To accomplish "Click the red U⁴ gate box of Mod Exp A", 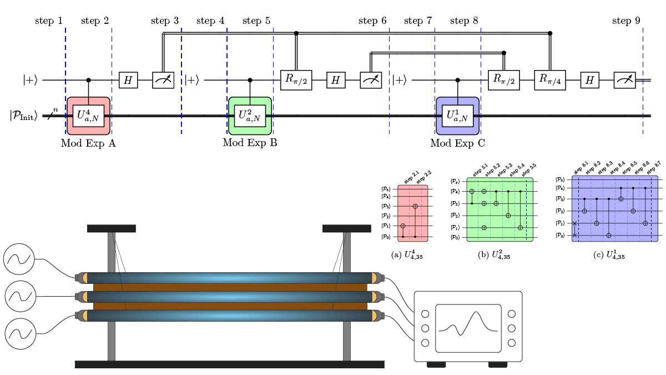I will click(x=89, y=116).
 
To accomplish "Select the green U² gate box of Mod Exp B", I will click(x=250, y=116).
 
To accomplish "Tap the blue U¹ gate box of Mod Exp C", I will click(x=457, y=116).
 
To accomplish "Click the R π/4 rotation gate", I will click(x=549, y=80).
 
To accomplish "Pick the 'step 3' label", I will click(x=165, y=21).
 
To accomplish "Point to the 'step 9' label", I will click(x=626, y=21).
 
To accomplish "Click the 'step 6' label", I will click(x=372, y=21).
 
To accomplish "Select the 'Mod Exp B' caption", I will click(x=250, y=143).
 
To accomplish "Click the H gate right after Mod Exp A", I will click(x=128, y=81).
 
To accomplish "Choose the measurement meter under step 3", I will click(x=163, y=81).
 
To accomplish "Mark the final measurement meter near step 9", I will click(x=624, y=81).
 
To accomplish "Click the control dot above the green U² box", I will click(x=250, y=80).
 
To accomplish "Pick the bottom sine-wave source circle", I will click(x=19, y=334).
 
